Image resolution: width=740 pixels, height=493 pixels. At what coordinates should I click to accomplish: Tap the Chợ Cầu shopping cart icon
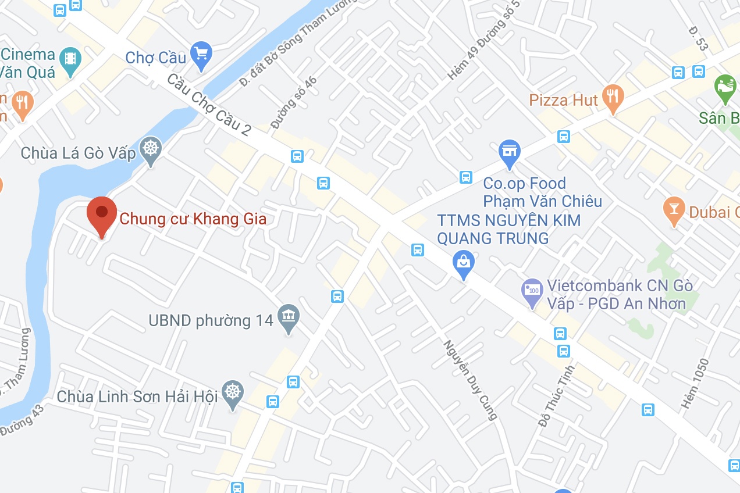(201, 55)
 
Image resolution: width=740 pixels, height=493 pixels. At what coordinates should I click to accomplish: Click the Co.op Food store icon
(509, 152)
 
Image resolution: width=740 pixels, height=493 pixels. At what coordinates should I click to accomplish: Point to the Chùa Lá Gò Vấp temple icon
(151, 149)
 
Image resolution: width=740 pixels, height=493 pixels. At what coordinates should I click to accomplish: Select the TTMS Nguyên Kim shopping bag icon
(464, 263)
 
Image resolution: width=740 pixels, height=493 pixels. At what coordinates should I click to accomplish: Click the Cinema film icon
(70, 59)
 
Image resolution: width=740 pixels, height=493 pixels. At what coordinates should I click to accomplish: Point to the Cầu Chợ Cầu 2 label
(209, 105)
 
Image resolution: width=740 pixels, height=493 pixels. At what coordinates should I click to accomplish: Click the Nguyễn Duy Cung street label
(471, 379)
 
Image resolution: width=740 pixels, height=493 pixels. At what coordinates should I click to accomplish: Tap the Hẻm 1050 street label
(696, 383)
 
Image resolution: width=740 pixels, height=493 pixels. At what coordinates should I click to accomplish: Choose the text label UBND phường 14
(211, 320)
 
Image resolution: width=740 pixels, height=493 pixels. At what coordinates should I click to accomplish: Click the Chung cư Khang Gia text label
(193, 219)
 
